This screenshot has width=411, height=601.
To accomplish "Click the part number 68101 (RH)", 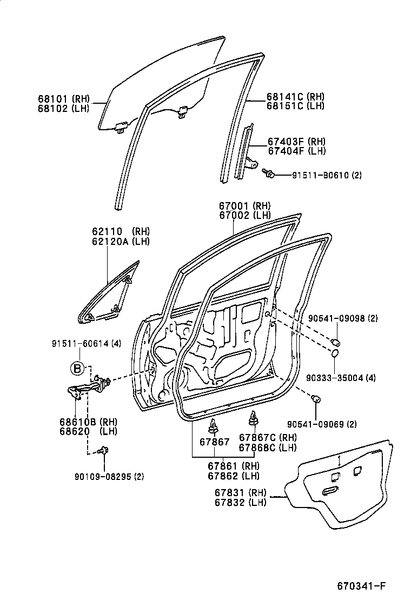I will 64,98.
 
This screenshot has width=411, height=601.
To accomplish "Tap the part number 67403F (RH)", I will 296,142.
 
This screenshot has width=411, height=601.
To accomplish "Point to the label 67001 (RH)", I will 244,206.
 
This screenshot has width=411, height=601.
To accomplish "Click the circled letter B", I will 78,369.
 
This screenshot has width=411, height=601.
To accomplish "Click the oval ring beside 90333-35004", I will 335,353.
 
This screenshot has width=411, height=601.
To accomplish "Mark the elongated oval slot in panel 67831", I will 330,491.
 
